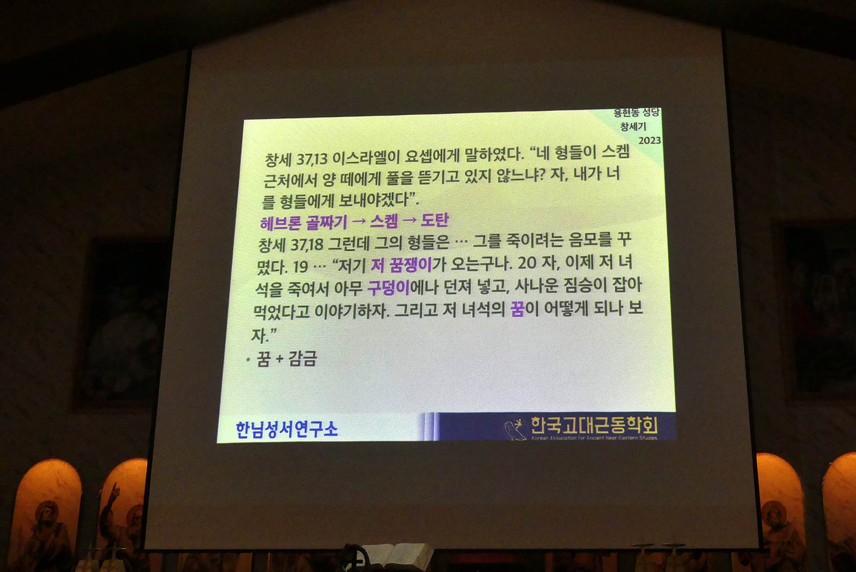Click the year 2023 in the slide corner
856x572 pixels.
click(650, 140)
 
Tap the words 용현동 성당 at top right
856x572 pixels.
click(636, 113)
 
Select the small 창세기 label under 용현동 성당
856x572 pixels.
click(633, 126)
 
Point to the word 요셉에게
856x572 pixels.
click(432, 155)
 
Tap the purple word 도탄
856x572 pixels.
click(435, 220)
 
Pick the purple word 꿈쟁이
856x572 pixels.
click(410, 265)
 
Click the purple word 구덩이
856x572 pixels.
click(389, 288)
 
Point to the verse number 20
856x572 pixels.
click(527, 263)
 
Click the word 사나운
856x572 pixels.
click(536, 286)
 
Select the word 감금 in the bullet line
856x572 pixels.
click(303, 358)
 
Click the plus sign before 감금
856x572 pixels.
click(279, 359)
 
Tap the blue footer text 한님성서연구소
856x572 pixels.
click(287, 429)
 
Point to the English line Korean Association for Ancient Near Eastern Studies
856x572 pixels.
click(594, 438)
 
